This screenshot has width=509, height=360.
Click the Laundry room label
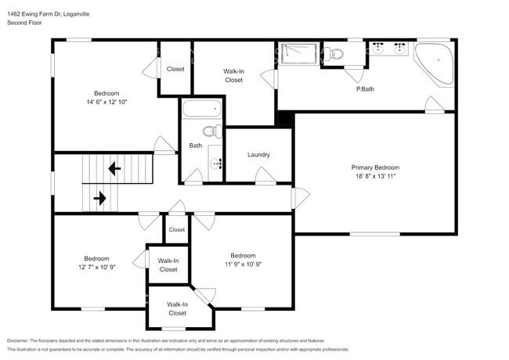click(x=258, y=155)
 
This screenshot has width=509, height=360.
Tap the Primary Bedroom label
click(x=375, y=167)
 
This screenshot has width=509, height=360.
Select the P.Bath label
click(x=365, y=89)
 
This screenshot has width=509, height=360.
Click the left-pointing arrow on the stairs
click(x=114, y=168)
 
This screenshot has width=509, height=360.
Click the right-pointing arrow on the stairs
click(x=100, y=198)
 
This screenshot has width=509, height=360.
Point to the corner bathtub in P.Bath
click(x=435, y=65)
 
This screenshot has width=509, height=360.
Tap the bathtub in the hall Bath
click(x=201, y=109)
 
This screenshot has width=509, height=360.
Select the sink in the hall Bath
click(x=215, y=164)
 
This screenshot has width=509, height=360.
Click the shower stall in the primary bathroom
click(x=298, y=54)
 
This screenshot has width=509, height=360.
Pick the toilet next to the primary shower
click(x=334, y=54)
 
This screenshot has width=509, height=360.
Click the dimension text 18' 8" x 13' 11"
click(x=375, y=176)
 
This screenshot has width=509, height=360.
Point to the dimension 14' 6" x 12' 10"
click(x=106, y=102)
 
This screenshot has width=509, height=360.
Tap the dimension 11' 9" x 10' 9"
click(x=243, y=264)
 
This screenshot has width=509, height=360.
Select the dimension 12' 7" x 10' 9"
click(x=97, y=267)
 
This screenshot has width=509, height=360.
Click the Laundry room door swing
click(x=266, y=176)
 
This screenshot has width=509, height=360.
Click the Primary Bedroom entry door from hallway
click(x=301, y=198)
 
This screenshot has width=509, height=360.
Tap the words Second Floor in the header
click(x=24, y=23)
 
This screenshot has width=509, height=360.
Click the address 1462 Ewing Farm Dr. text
click(x=34, y=14)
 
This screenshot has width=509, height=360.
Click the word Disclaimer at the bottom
click(x=18, y=341)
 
